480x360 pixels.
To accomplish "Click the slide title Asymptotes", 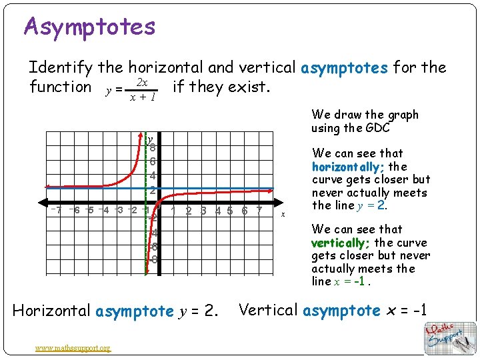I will [x=89, y=27].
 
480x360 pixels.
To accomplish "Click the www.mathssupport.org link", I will [x=74, y=347].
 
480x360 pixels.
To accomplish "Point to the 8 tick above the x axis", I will [x=153, y=148].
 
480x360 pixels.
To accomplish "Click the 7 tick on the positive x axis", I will [x=259, y=211].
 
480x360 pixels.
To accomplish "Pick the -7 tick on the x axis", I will [x=58, y=211].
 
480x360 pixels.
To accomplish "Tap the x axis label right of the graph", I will [x=283, y=213].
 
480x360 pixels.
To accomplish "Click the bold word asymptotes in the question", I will [x=345, y=67].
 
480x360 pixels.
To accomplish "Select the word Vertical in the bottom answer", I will [x=267, y=310].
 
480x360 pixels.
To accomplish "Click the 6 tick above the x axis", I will [x=153, y=161].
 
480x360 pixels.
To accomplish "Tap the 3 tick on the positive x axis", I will [x=203, y=211].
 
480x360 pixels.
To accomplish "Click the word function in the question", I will [x=60, y=87].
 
